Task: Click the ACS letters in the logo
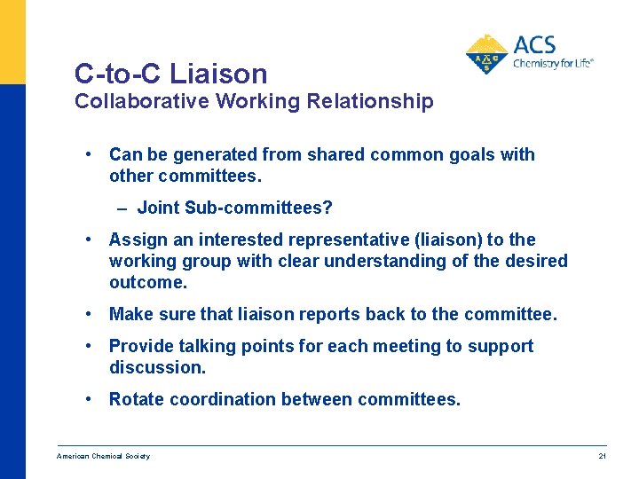535,44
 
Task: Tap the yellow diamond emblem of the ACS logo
486,55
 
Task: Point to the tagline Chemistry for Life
553,64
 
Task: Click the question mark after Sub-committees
327,208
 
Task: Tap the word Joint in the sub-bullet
159,208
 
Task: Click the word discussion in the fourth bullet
156,367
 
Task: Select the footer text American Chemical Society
103,456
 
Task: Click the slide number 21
602,456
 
